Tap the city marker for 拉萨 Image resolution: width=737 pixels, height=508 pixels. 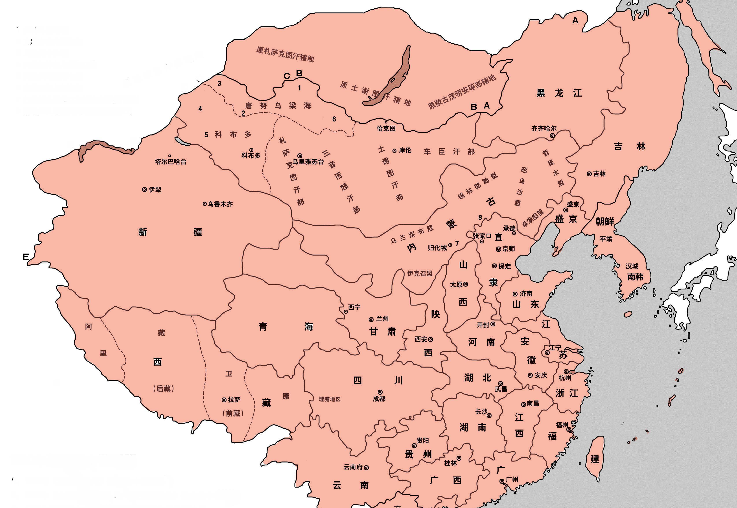(224, 400)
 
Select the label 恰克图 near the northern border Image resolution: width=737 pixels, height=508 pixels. (386, 128)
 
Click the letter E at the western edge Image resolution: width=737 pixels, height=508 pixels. (26, 257)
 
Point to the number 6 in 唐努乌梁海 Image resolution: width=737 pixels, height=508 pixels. (334, 119)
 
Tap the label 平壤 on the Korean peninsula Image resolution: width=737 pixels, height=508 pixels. (606, 239)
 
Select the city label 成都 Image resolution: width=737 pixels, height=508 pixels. (379, 399)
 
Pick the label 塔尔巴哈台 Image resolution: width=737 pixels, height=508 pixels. (171, 162)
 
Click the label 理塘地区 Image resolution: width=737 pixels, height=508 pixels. (330, 399)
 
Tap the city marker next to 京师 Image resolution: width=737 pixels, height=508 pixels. (499, 249)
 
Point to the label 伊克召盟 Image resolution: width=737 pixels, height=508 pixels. (420, 273)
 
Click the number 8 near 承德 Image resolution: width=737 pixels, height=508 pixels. (480, 217)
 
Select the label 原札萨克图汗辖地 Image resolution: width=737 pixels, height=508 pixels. (285, 54)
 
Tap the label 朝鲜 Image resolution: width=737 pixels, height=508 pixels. (604, 221)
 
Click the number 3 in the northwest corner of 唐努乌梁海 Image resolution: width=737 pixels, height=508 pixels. (219, 84)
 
